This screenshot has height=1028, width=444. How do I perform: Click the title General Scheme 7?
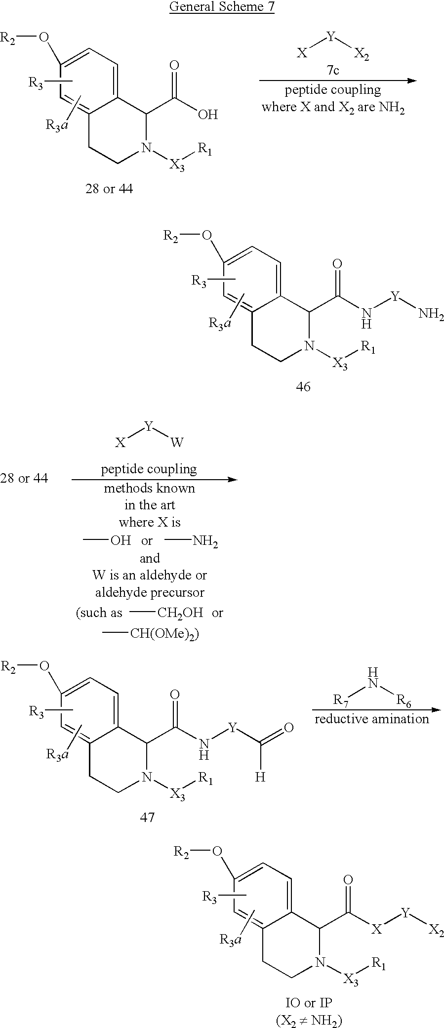222,7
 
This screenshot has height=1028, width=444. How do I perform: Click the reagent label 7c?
332,70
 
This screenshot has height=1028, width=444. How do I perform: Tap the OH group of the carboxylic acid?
207,115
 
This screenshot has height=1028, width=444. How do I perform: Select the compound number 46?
303,387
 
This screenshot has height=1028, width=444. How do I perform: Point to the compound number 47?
147,818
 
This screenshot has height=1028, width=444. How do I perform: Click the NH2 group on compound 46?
431,314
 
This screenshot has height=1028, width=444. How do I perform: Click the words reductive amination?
372,719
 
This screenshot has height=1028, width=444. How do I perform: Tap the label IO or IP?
309,1002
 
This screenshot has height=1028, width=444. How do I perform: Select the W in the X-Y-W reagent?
177,442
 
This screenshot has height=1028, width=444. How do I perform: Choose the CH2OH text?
180,613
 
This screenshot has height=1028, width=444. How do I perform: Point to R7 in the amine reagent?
341,700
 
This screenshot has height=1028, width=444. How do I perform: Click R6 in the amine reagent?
404,700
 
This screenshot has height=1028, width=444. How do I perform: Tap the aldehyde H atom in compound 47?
260,777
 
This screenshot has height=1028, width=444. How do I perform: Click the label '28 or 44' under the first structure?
109,189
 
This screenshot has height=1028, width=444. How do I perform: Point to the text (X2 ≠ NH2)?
309,1020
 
